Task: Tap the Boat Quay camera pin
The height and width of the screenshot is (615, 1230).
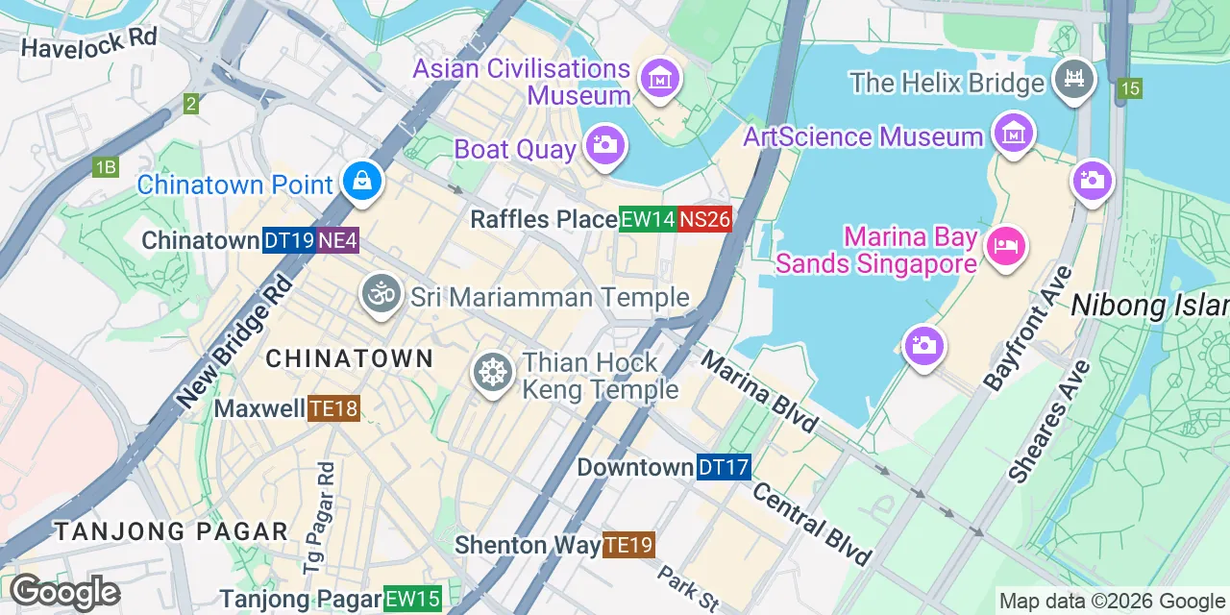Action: tap(605, 147)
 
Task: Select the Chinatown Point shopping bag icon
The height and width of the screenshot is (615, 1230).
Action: tap(362, 181)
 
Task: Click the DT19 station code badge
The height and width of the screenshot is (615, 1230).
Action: tap(288, 240)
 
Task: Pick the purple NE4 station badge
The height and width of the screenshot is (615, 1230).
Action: tap(337, 240)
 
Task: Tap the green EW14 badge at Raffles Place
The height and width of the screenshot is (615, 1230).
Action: tap(647, 220)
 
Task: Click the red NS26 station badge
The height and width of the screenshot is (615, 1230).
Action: tap(704, 220)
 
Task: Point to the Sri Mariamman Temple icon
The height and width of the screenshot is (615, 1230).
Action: tap(381, 294)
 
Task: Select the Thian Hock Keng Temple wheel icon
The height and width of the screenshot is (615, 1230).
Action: tap(493, 373)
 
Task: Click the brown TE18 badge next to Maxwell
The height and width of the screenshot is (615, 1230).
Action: tap(333, 409)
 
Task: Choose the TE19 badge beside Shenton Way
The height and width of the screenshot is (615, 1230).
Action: tap(628, 546)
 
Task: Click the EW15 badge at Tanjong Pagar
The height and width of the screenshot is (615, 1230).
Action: tap(412, 600)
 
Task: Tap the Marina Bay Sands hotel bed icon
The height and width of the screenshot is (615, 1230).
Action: tap(1005, 246)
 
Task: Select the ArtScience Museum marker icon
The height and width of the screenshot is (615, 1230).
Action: tap(1013, 134)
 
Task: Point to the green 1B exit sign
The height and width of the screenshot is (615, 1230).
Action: tap(106, 167)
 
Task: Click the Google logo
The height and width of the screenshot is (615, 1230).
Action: tap(64, 593)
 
